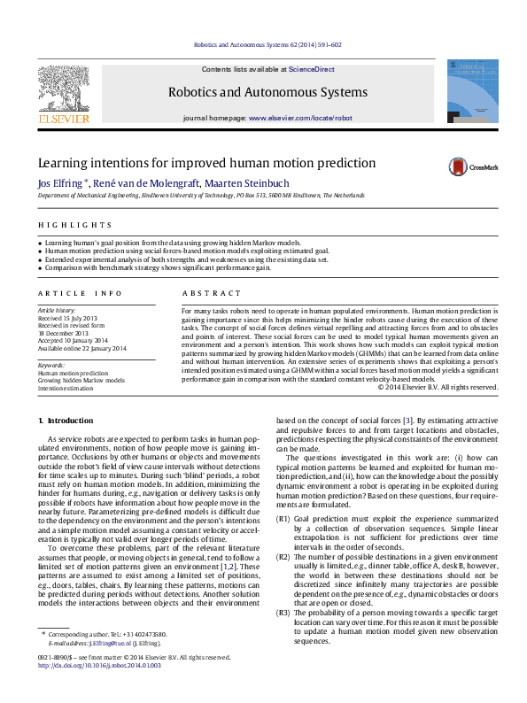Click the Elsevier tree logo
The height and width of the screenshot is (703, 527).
(x=62, y=89)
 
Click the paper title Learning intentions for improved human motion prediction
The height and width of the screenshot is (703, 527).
(x=206, y=164)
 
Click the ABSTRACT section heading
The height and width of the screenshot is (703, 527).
(x=207, y=292)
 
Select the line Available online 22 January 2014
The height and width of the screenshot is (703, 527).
(x=81, y=348)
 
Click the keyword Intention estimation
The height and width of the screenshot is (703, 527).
(x=65, y=388)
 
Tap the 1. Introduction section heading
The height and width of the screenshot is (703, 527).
(x=67, y=419)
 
